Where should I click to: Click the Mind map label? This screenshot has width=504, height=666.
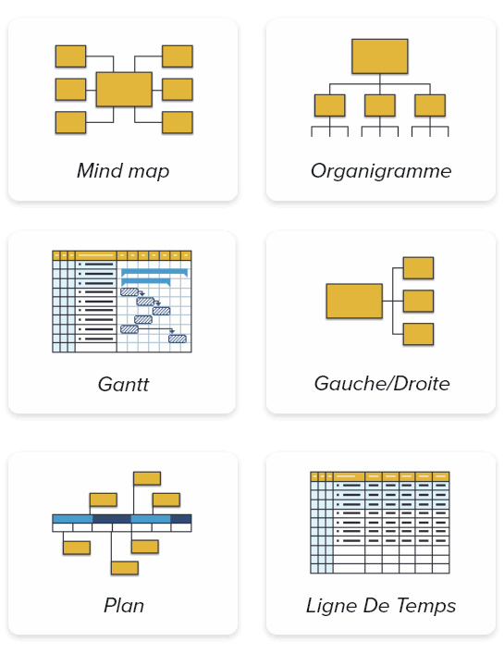coord(123,171)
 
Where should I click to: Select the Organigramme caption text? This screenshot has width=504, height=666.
coord(381,172)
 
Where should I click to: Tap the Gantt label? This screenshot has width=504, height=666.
coord(123,384)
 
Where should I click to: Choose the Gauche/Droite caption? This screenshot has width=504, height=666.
coord(382,383)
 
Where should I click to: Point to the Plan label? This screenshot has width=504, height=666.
coord(124,605)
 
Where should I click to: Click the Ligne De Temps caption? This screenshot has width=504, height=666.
coord(381,606)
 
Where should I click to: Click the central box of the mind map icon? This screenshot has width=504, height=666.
coord(124,89)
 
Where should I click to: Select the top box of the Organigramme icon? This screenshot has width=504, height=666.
coord(380,56)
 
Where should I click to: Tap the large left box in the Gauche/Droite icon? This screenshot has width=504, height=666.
coord(354,301)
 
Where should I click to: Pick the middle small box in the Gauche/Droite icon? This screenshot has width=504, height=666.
coord(418,301)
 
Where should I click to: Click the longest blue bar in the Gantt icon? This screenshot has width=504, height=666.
coord(154,272)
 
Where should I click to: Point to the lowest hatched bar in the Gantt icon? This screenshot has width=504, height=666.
coord(178,339)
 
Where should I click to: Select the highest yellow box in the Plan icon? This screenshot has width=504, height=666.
coord(147,478)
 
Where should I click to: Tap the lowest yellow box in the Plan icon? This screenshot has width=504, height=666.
coord(125,568)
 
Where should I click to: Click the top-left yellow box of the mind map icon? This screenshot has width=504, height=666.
coord(70,56)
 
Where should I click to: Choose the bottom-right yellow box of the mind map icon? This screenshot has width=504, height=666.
coord(178,122)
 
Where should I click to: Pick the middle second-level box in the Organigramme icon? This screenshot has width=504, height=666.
coord(380,105)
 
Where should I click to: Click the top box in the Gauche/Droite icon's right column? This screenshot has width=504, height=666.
coord(418,268)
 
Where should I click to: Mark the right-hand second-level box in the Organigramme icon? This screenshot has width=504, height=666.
coord(430,105)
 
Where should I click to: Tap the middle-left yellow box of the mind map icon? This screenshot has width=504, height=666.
coord(70,89)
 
